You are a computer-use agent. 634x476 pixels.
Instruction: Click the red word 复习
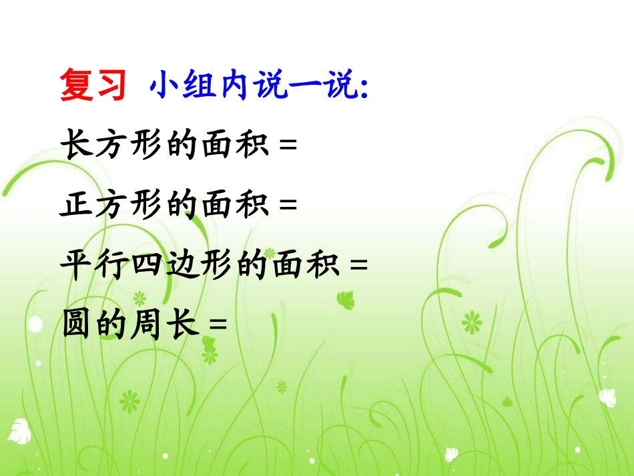[93, 86]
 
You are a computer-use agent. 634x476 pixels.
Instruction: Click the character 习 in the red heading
[109, 86]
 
